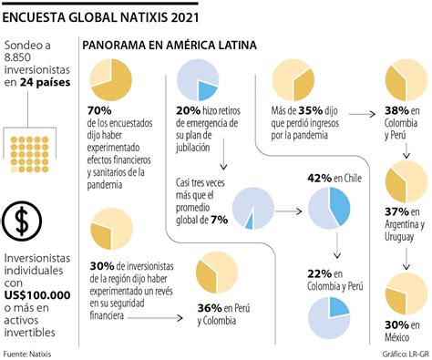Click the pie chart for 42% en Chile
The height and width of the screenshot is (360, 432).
[329, 207]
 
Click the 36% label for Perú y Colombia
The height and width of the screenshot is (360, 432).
[211, 306]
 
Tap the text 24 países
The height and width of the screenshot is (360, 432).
[45, 82]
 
